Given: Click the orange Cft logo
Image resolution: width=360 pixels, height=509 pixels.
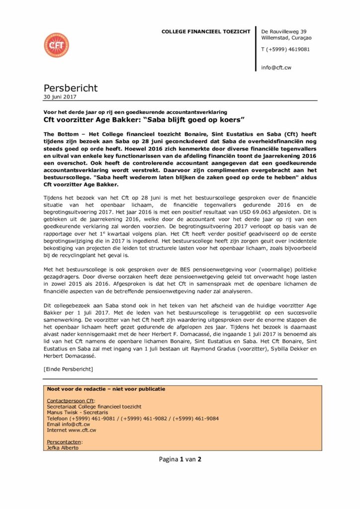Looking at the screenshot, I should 56,45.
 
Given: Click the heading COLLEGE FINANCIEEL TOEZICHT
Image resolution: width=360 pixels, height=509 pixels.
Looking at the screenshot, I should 206,32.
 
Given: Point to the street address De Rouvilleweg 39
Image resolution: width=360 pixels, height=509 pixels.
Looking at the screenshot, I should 284,31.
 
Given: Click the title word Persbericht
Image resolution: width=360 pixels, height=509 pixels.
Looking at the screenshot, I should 71,88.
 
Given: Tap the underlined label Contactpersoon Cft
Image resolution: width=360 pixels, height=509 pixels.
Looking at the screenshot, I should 70,401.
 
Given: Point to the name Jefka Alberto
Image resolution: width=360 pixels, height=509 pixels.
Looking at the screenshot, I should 62,447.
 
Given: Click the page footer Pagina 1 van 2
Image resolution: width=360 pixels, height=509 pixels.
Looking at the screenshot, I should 180,459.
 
